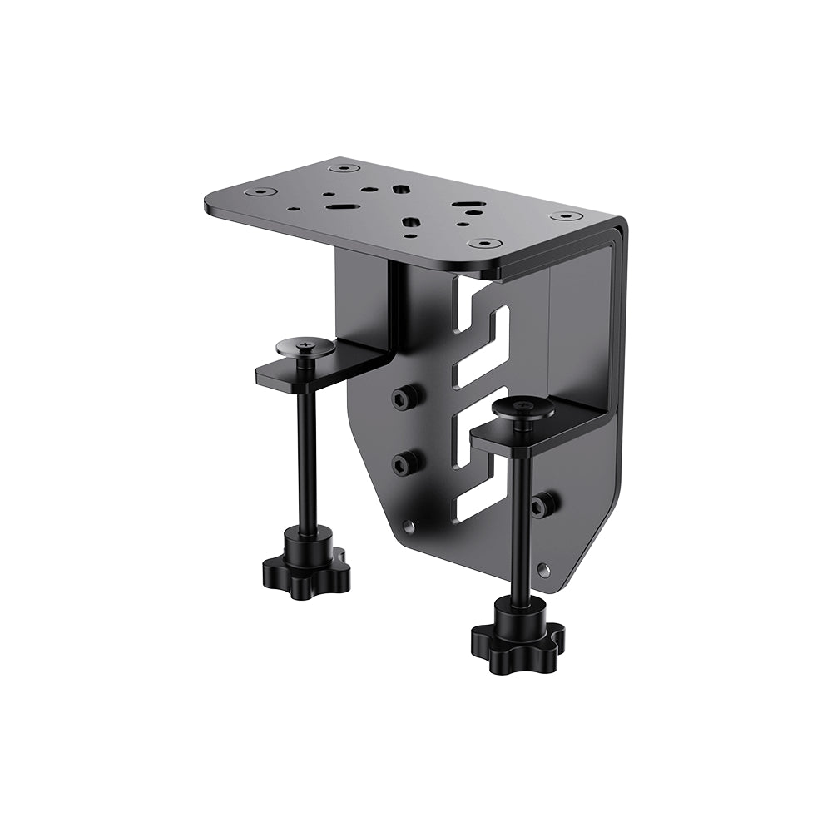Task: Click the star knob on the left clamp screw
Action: pyautogui.click(x=306, y=568)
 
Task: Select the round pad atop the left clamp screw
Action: pyautogui.click(x=305, y=345)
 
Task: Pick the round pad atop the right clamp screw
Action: pyautogui.click(x=522, y=407)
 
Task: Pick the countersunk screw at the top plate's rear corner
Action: pyautogui.click(x=339, y=168)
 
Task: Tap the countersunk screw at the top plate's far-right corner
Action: pyautogui.click(x=564, y=216)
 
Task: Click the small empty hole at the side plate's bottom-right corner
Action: pyautogui.click(x=543, y=571)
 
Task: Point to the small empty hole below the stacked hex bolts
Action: pyautogui.click(x=407, y=526)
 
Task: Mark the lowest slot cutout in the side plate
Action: pyautogui.click(x=478, y=499)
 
